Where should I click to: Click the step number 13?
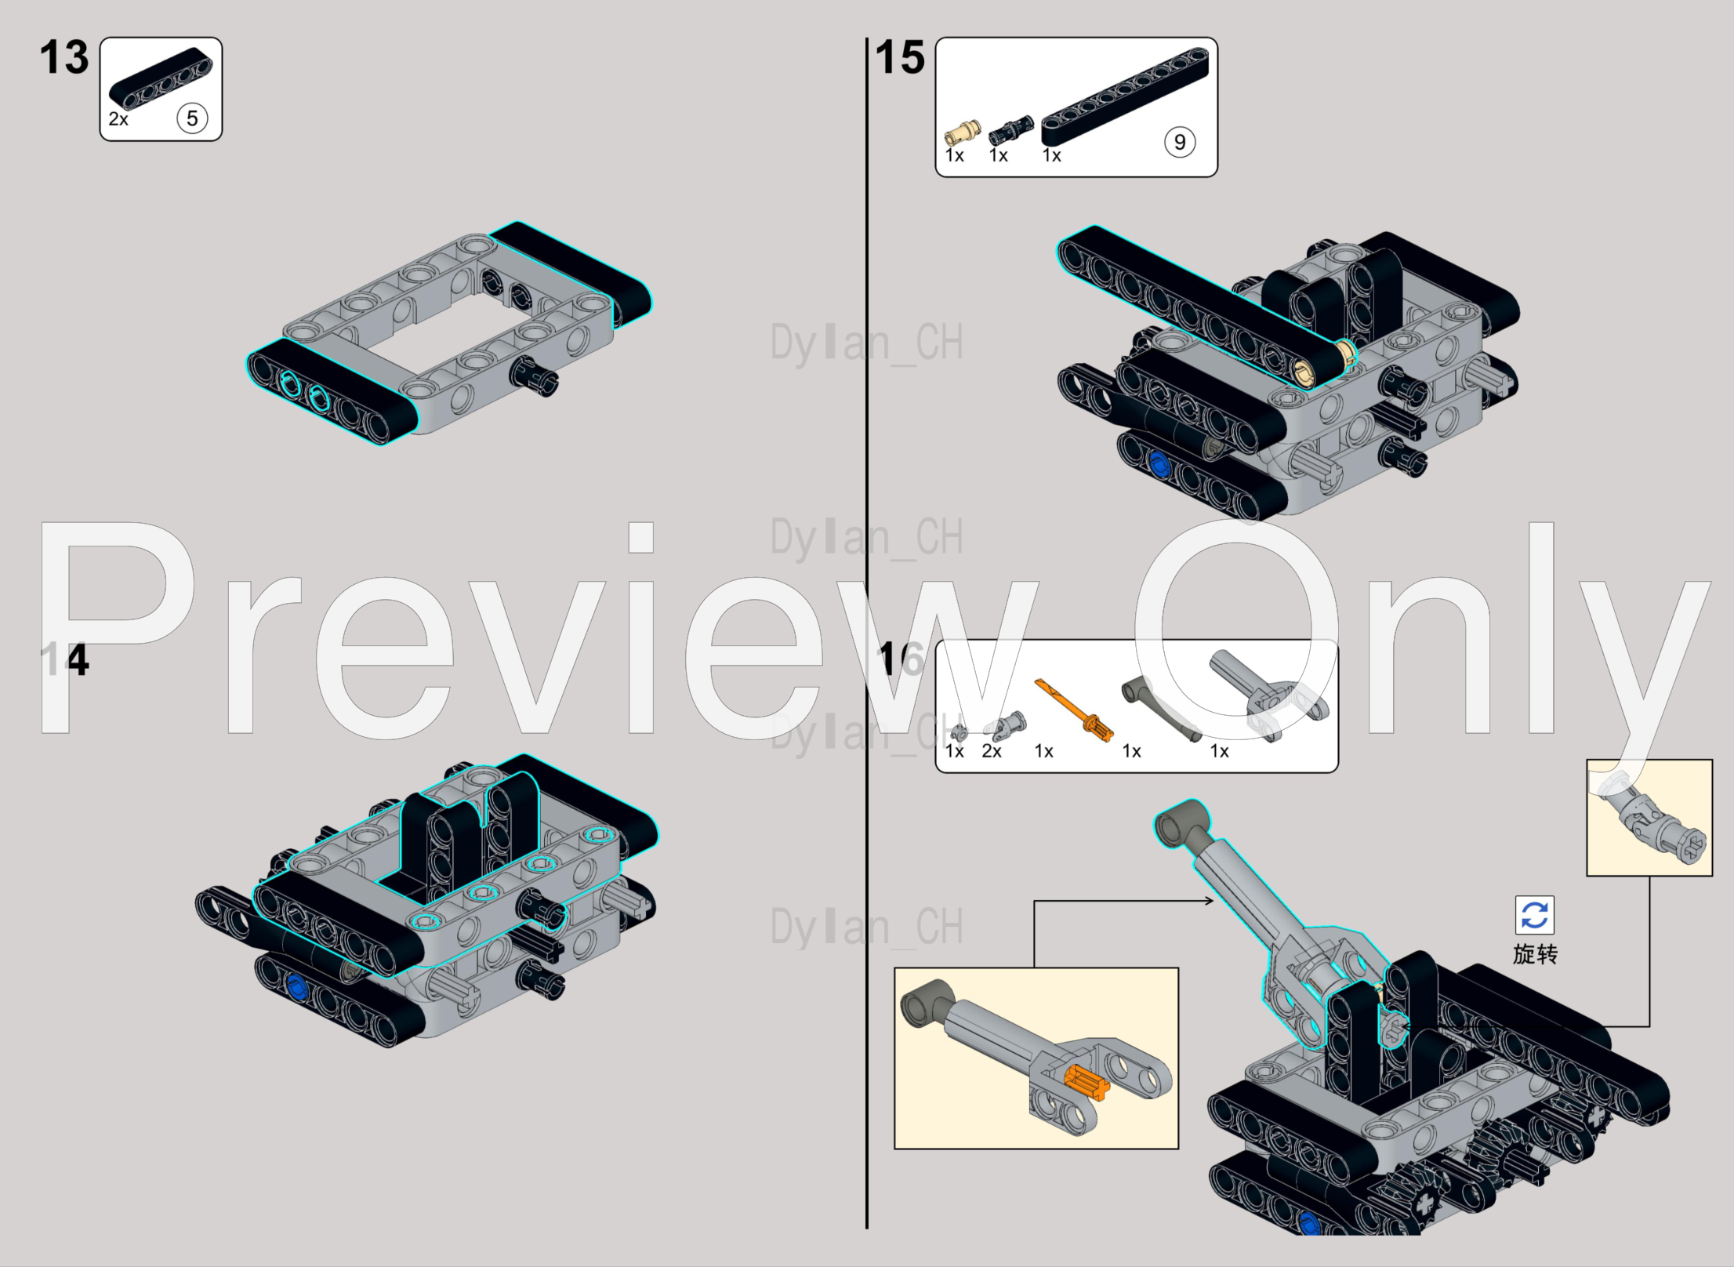tap(64, 58)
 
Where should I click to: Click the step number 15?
tap(900, 58)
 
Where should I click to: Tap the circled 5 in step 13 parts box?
tap(192, 118)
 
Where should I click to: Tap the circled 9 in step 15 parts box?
tap(1180, 142)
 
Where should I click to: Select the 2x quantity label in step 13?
tap(118, 119)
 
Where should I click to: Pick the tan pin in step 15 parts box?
tap(963, 132)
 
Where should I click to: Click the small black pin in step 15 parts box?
tap(1011, 129)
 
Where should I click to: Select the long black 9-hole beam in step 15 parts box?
tap(1125, 97)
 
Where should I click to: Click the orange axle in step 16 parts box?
tap(1074, 710)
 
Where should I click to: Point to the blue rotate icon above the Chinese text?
tap(1534, 915)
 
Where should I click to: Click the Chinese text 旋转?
tap(1535, 954)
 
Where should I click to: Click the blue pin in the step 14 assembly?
tap(296, 986)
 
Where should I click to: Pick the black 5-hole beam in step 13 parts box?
tap(161, 78)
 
